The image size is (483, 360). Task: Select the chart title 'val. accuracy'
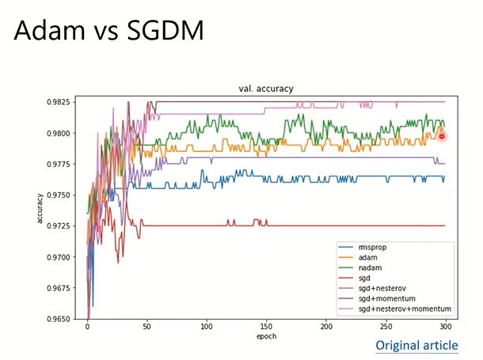pos(265,89)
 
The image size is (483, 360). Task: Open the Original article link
pos(416,345)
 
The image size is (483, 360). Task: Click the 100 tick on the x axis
pos(207,326)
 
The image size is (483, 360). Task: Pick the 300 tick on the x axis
pos(446,326)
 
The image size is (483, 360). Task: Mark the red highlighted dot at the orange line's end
pos(442,136)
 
